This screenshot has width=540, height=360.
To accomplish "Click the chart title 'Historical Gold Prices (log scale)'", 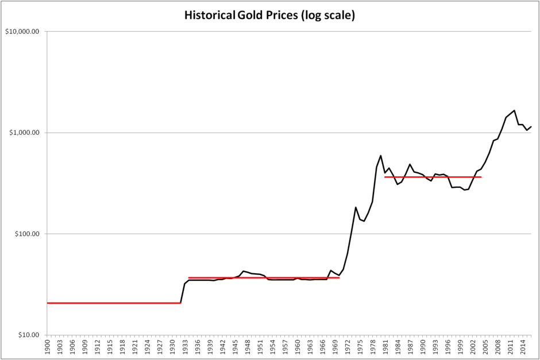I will (269, 16).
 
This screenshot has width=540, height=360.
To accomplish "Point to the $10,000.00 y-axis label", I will (22, 32).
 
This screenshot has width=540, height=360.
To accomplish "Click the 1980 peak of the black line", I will (381, 155).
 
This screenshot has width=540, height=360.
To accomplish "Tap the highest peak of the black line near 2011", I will (514, 110).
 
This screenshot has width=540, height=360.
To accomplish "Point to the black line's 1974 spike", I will (356, 207).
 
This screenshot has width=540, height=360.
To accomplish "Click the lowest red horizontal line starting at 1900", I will (115, 303).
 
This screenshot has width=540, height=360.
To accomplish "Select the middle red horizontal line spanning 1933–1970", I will (264, 277).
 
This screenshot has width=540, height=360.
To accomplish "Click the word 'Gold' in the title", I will (248, 16).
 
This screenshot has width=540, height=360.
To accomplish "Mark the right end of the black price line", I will (531, 127).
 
